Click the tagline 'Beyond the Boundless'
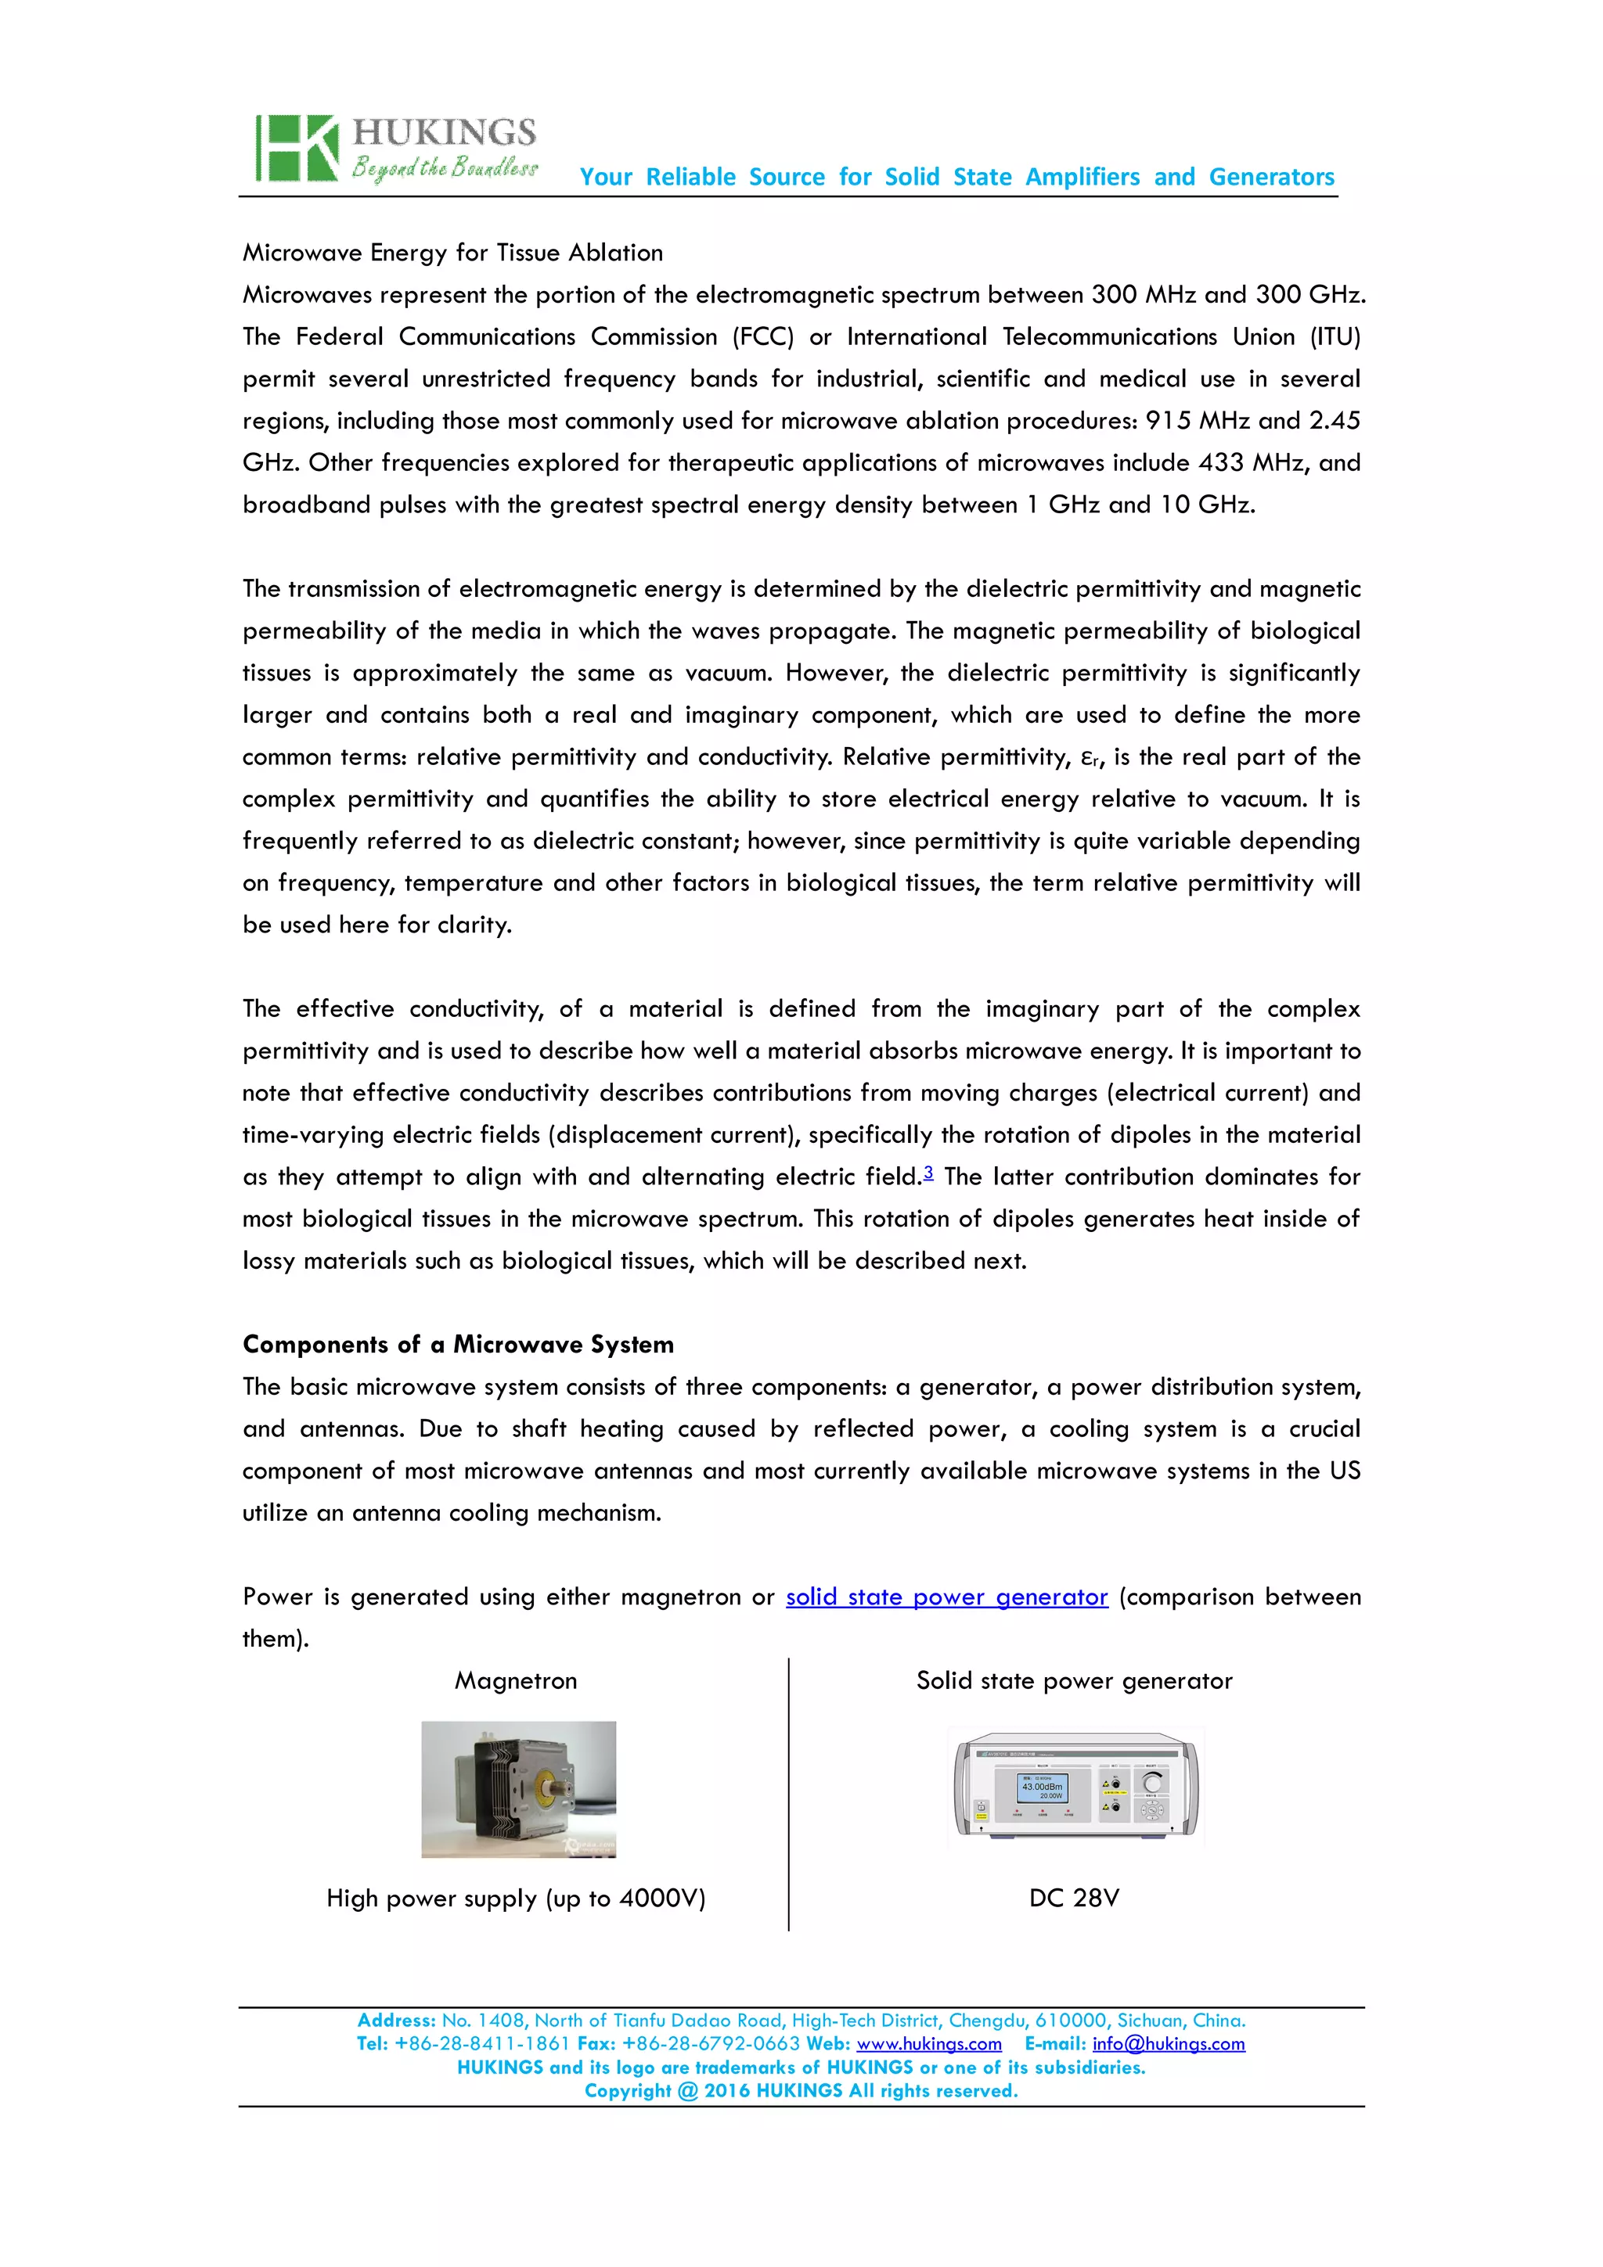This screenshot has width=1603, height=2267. click(x=445, y=168)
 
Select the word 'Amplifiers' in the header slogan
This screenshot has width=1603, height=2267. click(x=1082, y=177)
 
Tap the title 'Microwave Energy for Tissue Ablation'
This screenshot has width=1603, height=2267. click(x=452, y=253)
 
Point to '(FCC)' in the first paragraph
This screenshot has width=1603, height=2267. click(x=762, y=336)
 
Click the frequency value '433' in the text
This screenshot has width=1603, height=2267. click(x=1221, y=463)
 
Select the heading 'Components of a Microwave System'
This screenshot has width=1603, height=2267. click(x=459, y=1345)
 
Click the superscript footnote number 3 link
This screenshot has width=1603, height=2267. click(x=928, y=1172)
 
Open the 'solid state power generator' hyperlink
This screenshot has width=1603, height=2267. click(x=946, y=1597)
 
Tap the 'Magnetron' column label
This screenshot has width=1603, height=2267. click(x=516, y=1680)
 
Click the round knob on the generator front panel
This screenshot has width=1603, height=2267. click(x=1151, y=1781)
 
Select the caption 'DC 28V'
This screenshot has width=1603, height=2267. click(x=1074, y=1898)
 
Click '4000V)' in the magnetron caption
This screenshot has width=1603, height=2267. click(x=661, y=1898)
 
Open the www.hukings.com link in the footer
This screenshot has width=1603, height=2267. click(x=928, y=2044)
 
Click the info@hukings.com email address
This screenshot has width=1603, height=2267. click(x=1168, y=2044)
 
